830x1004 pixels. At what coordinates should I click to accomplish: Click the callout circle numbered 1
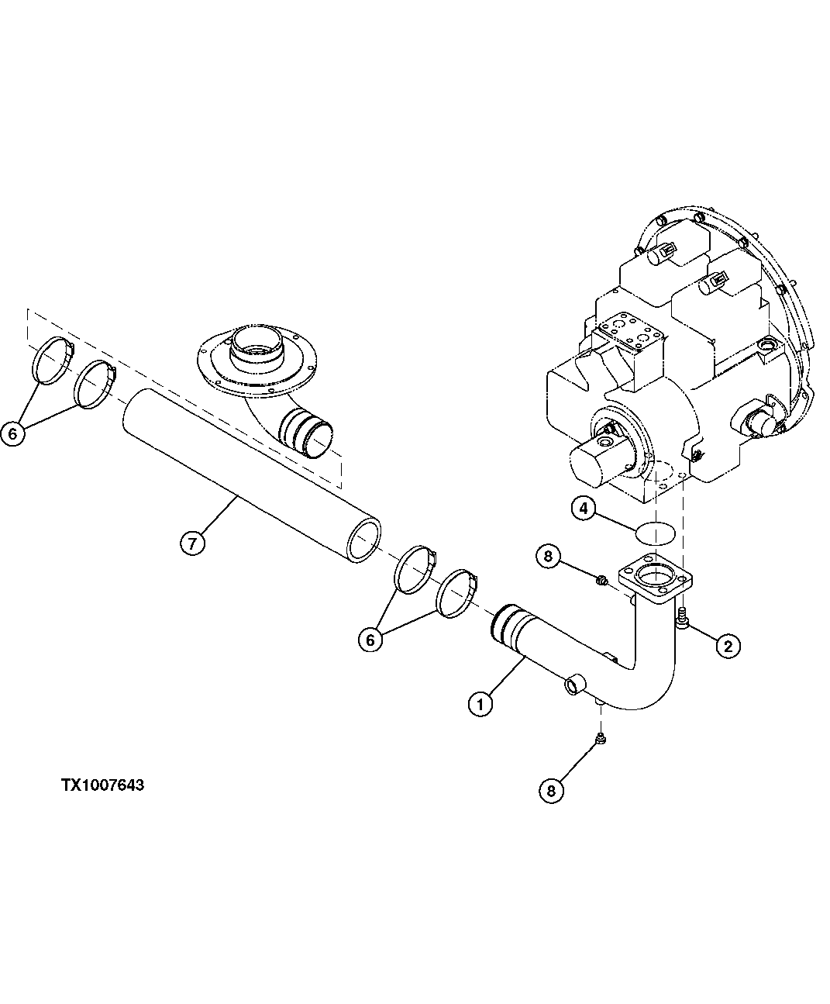[x=480, y=704]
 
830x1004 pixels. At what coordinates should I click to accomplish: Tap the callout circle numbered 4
[x=584, y=509]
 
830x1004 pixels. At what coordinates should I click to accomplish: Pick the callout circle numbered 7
[x=192, y=543]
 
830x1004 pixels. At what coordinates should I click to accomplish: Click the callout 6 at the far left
[x=13, y=433]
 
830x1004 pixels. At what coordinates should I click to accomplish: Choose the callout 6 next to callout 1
[x=370, y=640]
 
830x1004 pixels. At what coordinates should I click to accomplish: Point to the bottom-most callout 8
[x=551, y=790]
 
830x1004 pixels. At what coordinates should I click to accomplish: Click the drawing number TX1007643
[x=103, y=785]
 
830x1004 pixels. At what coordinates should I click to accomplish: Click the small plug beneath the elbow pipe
[x=600, y=740]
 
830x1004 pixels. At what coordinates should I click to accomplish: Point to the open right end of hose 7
[x=365, y=539]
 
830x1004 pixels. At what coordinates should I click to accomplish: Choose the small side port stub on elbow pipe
[x=573, y=685]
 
